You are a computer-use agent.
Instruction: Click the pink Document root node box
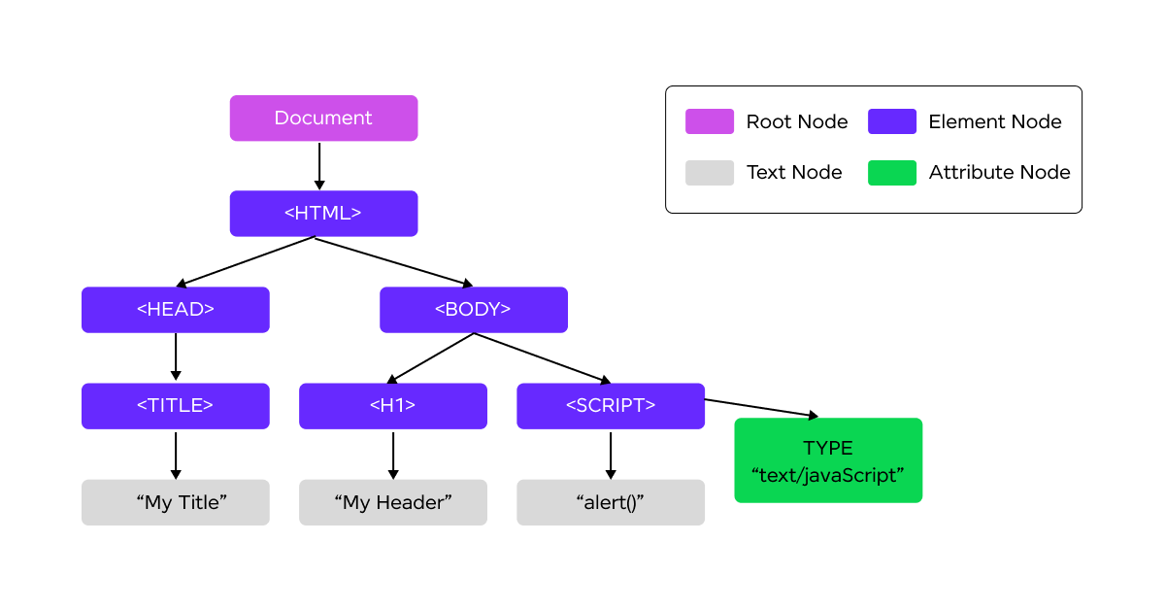[323, 119]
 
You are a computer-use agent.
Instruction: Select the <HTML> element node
[323, 214]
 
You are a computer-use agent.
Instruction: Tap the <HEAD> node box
[176, 310]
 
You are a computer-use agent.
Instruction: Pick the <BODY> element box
[474, 310]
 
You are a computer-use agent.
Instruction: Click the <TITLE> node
[176, 406]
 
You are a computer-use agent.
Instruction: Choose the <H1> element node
[392, 406]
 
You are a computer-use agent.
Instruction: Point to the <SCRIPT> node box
[611, 406]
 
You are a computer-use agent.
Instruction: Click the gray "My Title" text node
[176, 502]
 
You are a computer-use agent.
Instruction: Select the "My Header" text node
[392, 502]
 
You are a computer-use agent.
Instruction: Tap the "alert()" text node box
[611, 502]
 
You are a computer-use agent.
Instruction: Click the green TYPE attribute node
[828, 460]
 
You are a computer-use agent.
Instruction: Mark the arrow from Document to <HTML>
[319, 166]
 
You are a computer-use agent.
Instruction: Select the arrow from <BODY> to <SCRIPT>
[542, 358]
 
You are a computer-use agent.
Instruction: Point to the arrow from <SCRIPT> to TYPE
[761, 408]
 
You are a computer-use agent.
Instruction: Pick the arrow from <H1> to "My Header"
[393, 456]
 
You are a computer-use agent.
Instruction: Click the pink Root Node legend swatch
[710, 121]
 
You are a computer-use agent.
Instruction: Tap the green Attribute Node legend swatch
[892, 173]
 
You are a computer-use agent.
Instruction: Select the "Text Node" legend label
[794, 172]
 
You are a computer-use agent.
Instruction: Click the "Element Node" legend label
[995, 121]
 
